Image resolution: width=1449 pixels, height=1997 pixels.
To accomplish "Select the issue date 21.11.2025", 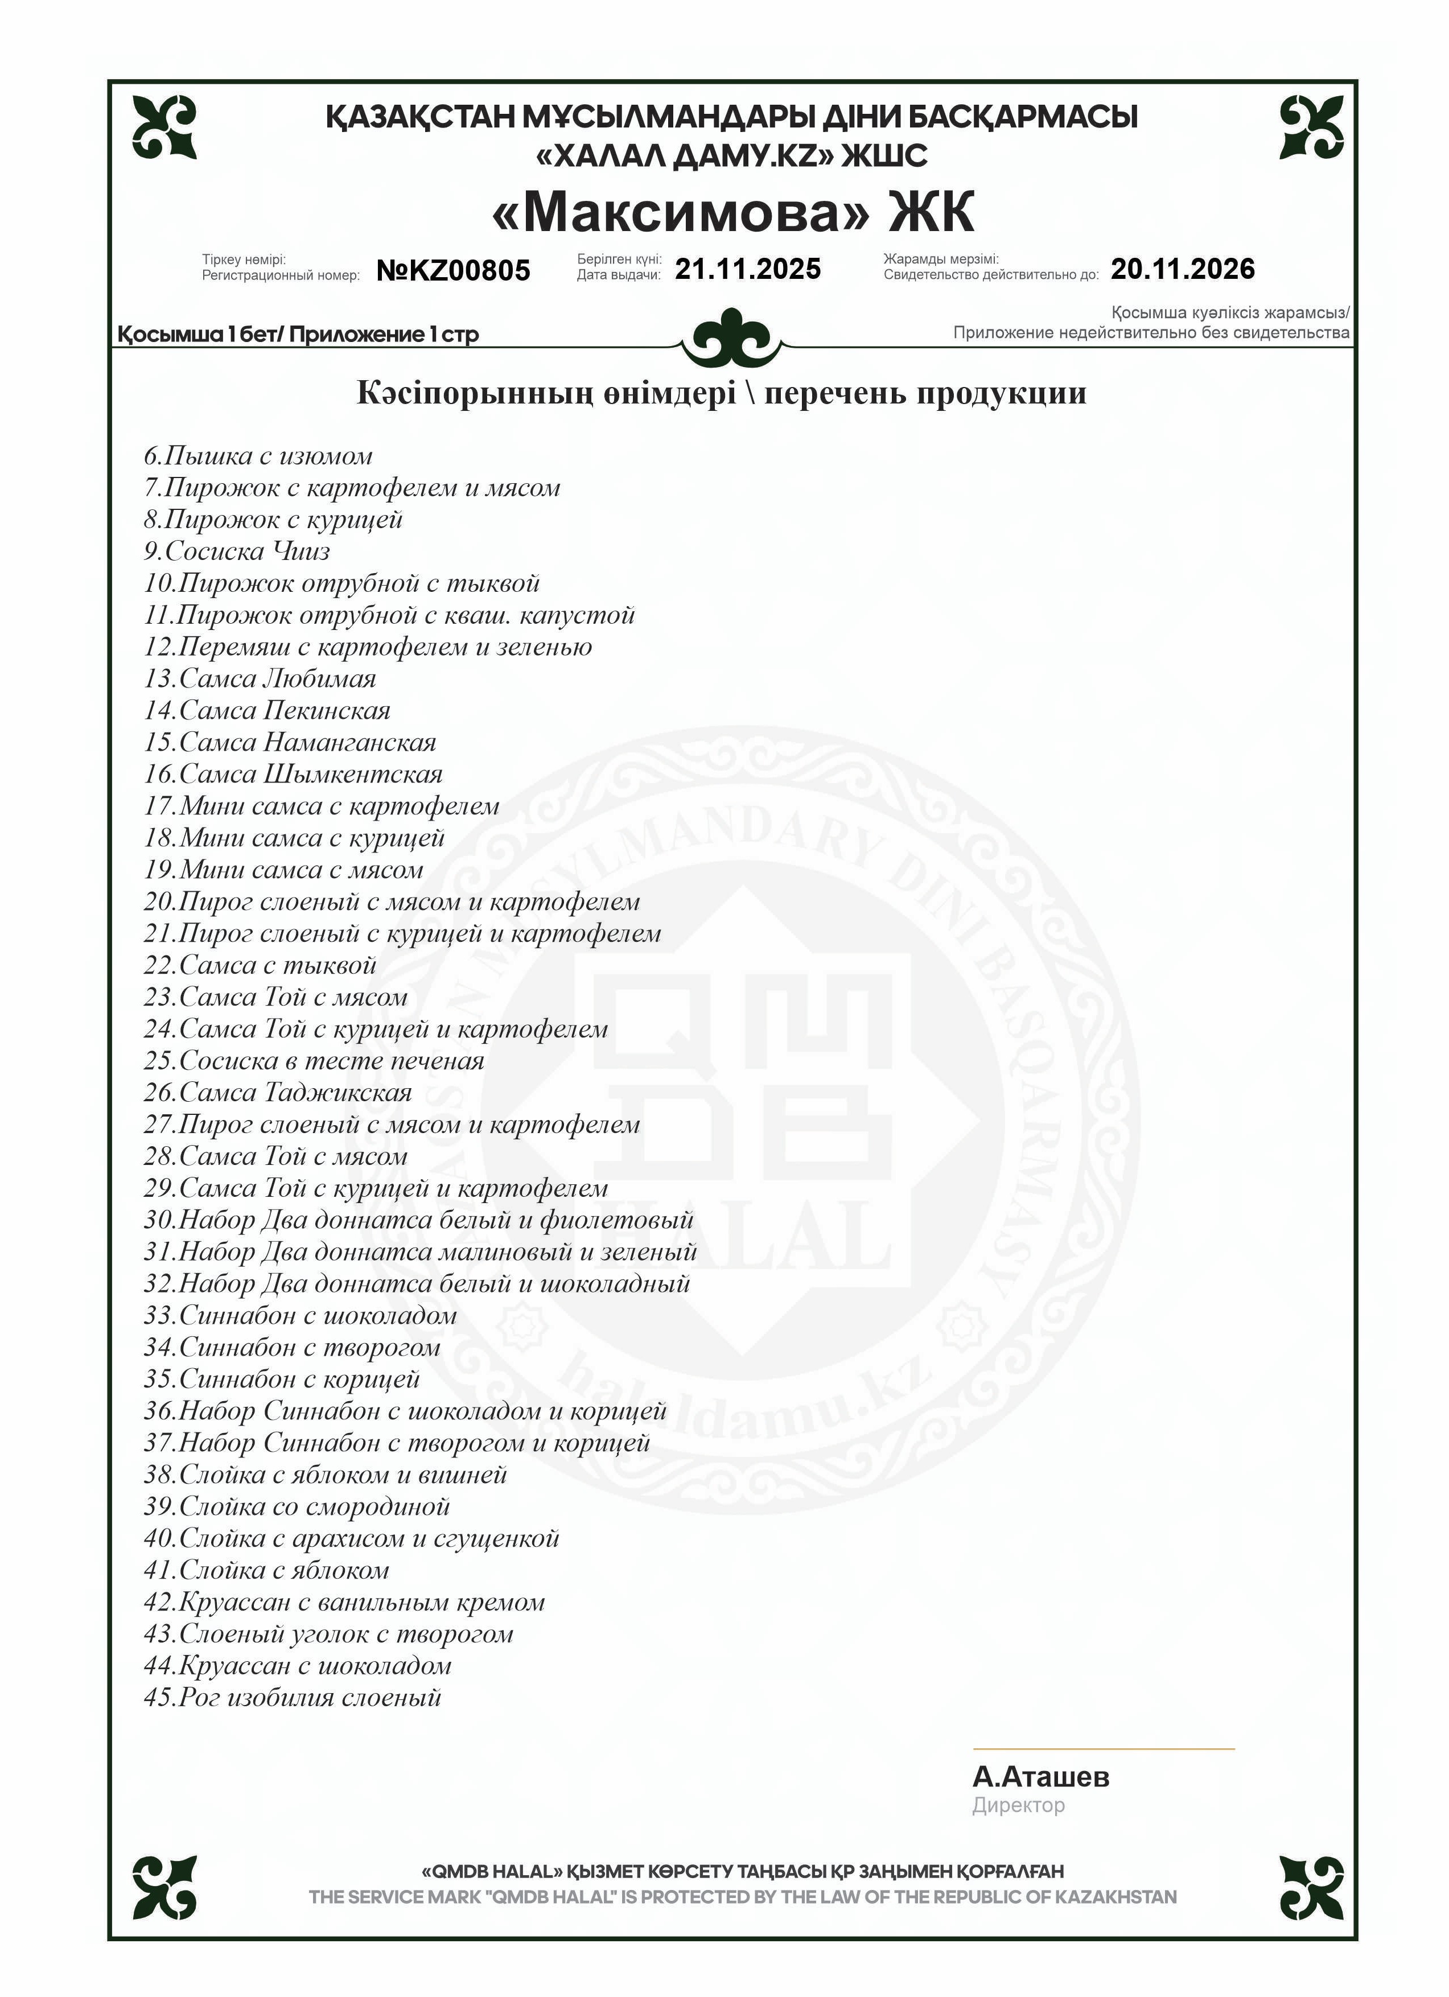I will click(x=747, y=269).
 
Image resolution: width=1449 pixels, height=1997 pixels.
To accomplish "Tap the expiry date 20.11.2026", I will click(x=1182, y=269).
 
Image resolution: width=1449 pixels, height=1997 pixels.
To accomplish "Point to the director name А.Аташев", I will click(x=1040, y=1776).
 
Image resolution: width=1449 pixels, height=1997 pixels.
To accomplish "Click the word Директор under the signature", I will click(x=1018, y=1805).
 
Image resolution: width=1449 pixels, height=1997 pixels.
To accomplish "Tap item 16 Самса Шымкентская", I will click(x=293, y=774).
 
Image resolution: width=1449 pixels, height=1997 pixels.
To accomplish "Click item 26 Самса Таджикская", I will click(x=278, y=1093).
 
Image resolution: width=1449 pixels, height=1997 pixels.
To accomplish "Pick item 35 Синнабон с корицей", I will click(x=282, y=1379).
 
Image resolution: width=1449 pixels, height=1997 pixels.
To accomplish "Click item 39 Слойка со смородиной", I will click(x=297, y=1506).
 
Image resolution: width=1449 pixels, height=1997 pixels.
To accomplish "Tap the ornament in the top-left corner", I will click(x=164, y=127).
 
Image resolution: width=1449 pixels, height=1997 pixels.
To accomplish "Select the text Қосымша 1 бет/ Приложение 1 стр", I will click(x=298, y=335).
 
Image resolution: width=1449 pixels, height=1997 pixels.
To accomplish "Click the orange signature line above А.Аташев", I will click(x=1103, y=1748).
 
